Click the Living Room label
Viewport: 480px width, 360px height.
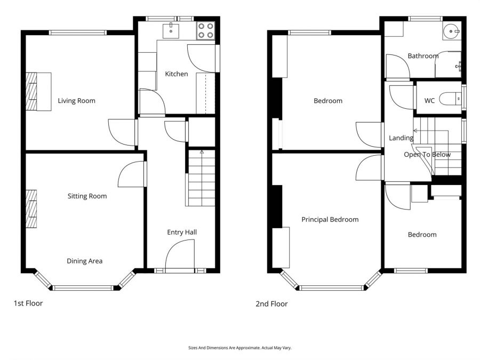pyautogui.click(x=77, y=100)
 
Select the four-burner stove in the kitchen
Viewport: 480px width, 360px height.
pyautogui.click(x=205, y=30)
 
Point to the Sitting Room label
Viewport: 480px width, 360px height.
pyautogui.click(x=87, y=196)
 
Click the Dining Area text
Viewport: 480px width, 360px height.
pyautogui.click(x=84, y=261)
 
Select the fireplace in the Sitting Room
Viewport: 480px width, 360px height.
pyautogui.click(x=32, y=209)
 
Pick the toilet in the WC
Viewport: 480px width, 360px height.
pyautogui.click(x=452, y=99)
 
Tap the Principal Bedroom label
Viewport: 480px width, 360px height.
pyautogui.click(x=330, y=219)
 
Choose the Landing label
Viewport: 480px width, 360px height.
pyautogui.click(x=401, y=138)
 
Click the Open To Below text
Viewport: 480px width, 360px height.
pyautogui.click(x=427, y=155)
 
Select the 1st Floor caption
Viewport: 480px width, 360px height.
pyautogui.click(x=28, y=303)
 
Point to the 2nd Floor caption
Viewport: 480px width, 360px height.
pyautogui.click(x=271, y=304)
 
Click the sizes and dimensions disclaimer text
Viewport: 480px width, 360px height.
pyautogui.click(x=239, y=348)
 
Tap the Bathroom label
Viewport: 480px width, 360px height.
pyautogui.click(x=423, y=55)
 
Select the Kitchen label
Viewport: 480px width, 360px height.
pyautogui.click(x=176, y=74)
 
